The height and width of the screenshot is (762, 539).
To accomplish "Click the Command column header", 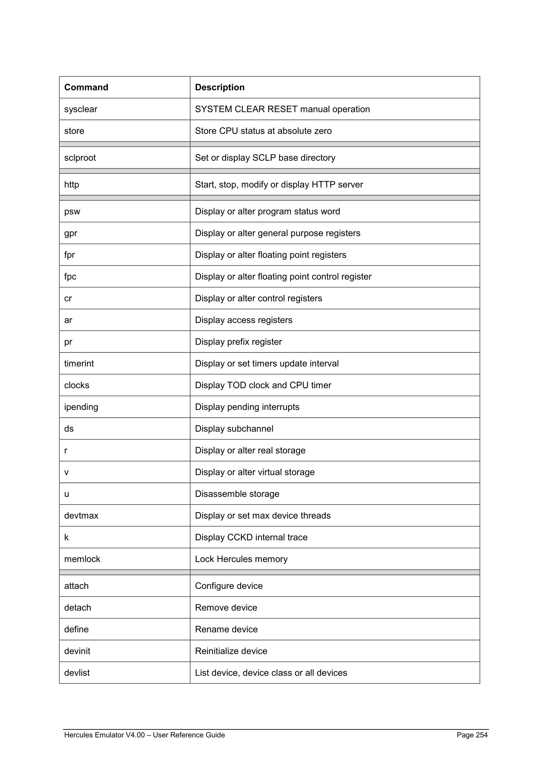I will click(86, 87).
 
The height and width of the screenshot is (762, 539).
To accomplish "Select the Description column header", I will click(219, 87).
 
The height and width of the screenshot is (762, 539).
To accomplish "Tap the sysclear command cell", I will click(81, 109).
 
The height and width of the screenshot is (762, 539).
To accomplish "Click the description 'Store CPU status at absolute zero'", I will click(263, 131).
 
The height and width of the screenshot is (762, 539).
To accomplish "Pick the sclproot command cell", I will click(80, 158).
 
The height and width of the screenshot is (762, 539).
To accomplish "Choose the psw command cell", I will click(72, 211).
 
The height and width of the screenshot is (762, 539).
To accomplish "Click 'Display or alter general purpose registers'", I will click(278, 233).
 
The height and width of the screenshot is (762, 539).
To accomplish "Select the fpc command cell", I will click(70, 277).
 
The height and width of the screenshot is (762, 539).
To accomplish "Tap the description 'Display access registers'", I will click(244, 320).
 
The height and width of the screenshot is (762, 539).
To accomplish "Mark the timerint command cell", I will click(79, 363).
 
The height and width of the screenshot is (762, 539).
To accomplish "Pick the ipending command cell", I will click(81, 407).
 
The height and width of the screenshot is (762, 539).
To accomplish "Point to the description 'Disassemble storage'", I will click(237, 494).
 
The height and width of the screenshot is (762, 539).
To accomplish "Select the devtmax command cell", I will click(81, 516).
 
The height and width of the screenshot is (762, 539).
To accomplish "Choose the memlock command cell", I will click(82, 559).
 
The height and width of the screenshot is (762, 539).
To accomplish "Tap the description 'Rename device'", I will click(226, 629).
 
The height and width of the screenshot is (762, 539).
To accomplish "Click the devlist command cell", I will click(77, 673).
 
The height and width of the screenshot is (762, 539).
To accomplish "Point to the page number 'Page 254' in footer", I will click(472, 735).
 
